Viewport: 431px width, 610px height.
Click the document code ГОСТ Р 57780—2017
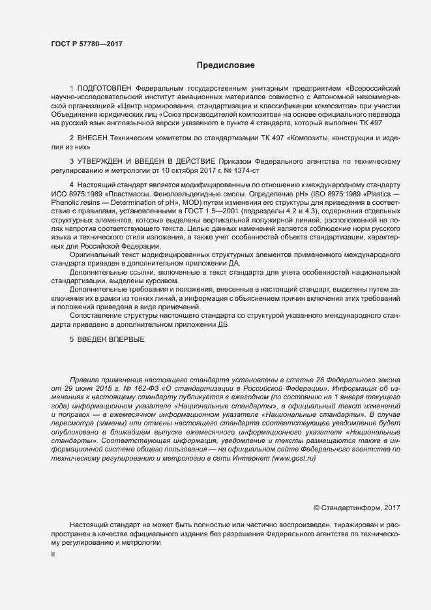86,44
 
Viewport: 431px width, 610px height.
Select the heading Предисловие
225,65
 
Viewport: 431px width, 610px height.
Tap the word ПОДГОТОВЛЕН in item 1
105,87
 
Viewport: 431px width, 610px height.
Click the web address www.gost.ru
294,459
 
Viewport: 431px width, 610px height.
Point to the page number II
53,555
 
